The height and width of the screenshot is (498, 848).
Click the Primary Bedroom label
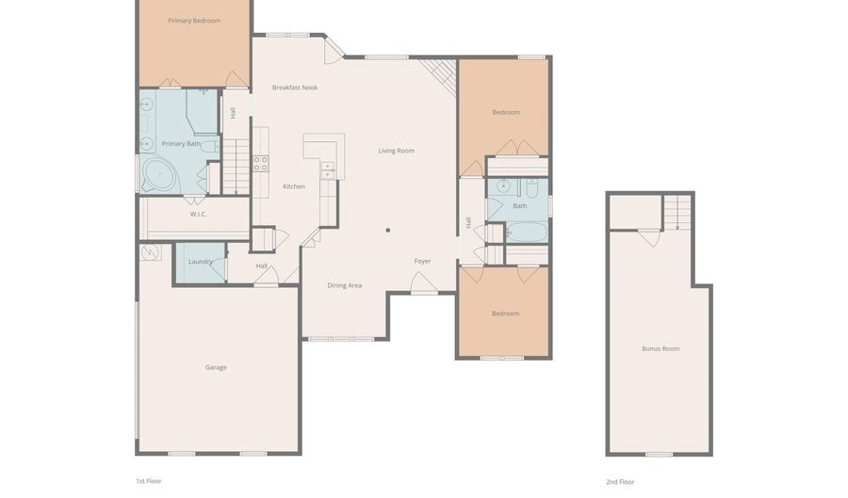(194, 21)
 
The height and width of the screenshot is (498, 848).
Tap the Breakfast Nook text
(295, 88)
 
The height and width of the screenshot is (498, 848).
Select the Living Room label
(397, 151)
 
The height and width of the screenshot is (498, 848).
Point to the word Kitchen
(294, 186)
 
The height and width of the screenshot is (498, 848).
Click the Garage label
(216, 367)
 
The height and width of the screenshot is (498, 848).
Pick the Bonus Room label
(660, 349)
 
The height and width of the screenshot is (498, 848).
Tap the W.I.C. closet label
(199, 215)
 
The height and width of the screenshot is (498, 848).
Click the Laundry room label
(200, 262)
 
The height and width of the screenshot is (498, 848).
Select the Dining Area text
(345, 286)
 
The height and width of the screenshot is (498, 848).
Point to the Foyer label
(422, 261)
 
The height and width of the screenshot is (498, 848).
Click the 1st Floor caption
(149, 481)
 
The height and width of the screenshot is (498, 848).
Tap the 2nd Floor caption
(620, 482)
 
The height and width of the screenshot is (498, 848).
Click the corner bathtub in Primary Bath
(160, 174)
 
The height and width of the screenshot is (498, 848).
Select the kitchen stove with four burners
(261, 164)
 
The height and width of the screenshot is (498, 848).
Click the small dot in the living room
(388, 230)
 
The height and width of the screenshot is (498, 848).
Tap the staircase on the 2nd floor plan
(677, 213)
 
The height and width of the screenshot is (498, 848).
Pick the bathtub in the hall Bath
(528, 233)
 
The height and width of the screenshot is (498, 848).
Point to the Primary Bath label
(181, 144)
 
